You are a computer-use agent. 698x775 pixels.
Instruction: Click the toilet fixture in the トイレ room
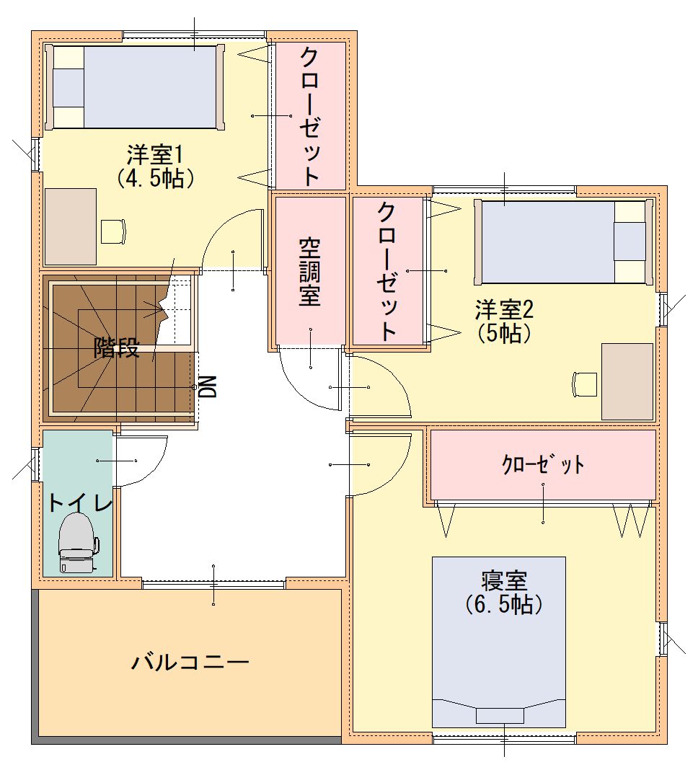pyautogui.click(x=78, y=542)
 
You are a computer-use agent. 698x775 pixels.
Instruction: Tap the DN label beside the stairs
pyautogui.click(x=208, y=386)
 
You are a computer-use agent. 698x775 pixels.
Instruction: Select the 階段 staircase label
pyautogui.click(x=117, y=348)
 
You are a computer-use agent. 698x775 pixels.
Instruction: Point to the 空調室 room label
pyautogui.click(x=310, y=273)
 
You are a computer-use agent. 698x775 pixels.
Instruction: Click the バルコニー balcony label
pyautogui.click(x=190, y=662)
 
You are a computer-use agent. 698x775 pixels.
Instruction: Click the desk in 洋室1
pyautogui.click(x=71, y=226)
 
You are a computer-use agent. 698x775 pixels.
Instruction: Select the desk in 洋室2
pyautogui.click(x=627, y=381)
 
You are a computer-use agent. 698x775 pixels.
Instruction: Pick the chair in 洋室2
pyautogui.click(x=585, y=384)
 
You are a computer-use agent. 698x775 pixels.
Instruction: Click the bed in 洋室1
pyautogui.click(x=134, y=87)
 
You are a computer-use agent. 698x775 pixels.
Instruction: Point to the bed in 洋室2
pyautogui.click(x=564, y=242)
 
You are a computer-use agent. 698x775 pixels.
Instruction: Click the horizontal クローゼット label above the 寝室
pyautogui.click(x=543, y=464)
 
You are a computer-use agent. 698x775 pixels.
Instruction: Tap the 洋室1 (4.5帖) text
pyautogui.click(x=155, y=166)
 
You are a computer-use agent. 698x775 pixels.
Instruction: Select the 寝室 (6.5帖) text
pyautogui.click(x=504, y=593)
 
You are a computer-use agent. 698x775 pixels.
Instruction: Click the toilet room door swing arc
pyautogui.click(x=155, y=469)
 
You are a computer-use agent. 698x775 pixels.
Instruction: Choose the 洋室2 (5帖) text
pyautogui.click(x=504, y=322)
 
